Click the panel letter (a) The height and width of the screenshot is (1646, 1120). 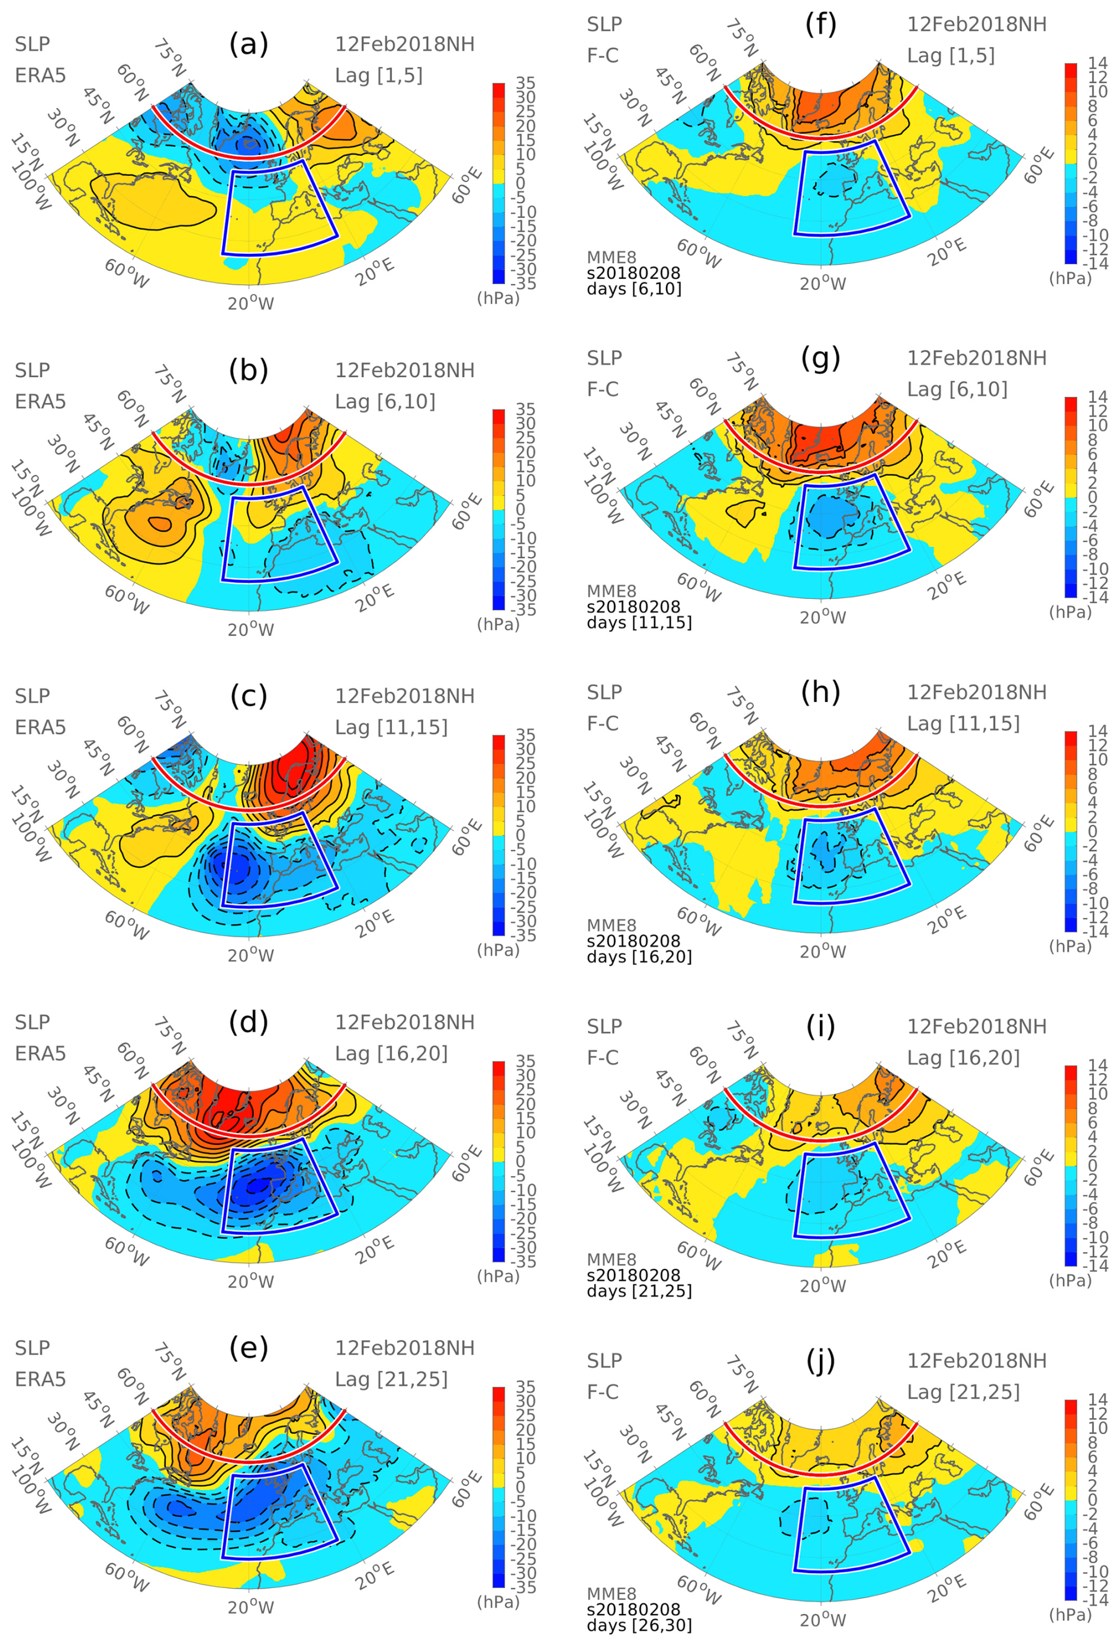(x=249, y=44)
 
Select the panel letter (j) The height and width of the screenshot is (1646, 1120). (x=820, y=1361)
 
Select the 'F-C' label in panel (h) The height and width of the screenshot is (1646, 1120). (x=602, y=723)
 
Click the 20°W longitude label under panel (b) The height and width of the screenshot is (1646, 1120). (x=250, y=630)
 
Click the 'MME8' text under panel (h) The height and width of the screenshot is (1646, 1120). (x=611, y=925)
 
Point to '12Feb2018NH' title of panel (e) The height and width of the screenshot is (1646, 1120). (x=404, y=1348)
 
